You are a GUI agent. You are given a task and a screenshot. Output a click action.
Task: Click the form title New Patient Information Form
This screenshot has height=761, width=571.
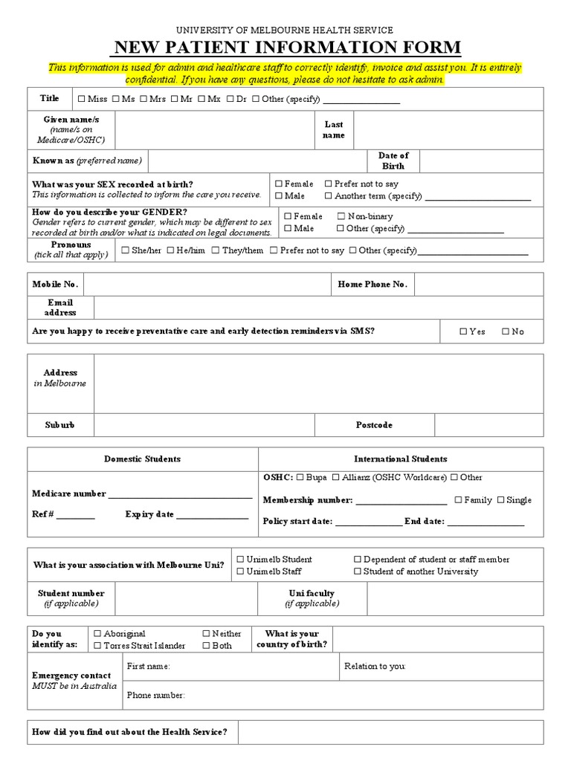tap(285, 48)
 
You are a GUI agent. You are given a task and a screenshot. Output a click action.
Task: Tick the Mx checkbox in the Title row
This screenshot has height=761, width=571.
tap(202, 99)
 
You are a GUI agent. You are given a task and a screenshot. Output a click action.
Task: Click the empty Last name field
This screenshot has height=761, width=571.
tap(448, 130)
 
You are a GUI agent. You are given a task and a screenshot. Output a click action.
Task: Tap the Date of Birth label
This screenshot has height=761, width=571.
tap(393, 161)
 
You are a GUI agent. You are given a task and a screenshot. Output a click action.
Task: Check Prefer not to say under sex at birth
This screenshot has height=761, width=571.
tap(329, 184)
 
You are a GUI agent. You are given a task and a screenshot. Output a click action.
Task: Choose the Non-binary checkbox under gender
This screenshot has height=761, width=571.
tap(341, 216)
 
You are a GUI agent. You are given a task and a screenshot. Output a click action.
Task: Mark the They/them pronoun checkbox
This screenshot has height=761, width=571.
tap(216, 250)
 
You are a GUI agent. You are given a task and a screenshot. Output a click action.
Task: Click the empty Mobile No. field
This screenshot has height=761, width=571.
tap(206, 285)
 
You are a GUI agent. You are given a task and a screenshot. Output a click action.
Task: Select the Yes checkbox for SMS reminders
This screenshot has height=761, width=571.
tap(463, 331)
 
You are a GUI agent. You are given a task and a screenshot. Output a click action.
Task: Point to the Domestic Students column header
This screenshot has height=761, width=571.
tap(142, 459)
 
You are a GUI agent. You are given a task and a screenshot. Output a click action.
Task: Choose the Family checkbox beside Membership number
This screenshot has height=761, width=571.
tap(458, 500)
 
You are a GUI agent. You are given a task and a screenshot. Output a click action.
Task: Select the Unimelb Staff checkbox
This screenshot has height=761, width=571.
tap(240, 571)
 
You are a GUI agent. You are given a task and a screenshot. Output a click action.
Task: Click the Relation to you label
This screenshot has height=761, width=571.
tap(375, 667)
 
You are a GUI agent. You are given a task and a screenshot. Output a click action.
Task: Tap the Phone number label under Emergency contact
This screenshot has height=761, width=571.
tap(155, 696)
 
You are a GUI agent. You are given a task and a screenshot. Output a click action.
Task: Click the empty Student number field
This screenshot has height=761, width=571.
tap(186, 598)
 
